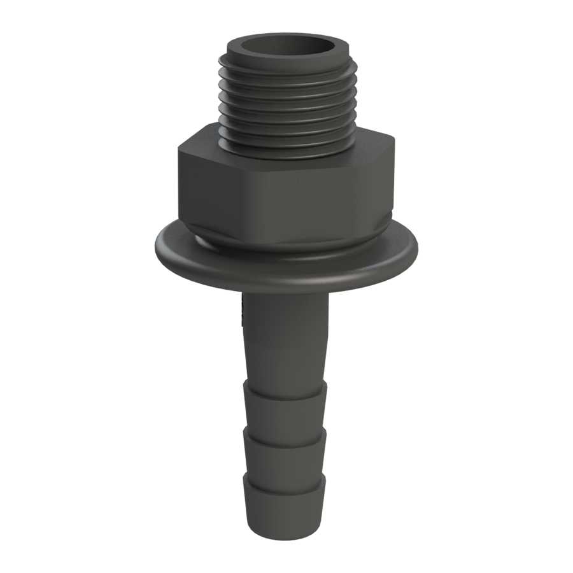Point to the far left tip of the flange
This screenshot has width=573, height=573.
point(157,246)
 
